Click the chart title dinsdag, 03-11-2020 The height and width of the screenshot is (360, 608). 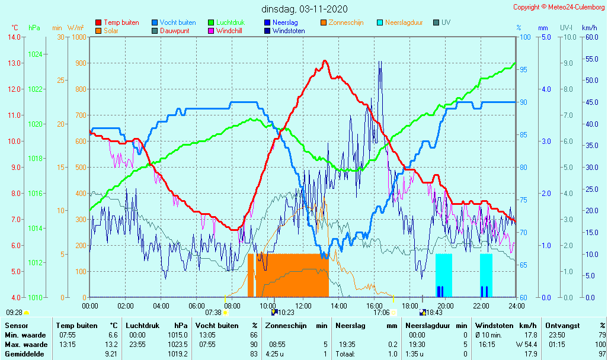click(305, 9)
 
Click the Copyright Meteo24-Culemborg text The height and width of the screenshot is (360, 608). click(559, 7)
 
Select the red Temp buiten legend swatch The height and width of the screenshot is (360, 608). click(98, 22)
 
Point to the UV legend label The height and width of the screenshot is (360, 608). click(446, 22)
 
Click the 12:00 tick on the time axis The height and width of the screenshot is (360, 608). click(303, 306)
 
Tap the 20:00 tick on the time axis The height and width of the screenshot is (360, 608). click(446, 306)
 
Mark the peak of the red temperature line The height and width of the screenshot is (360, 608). click(325, 61)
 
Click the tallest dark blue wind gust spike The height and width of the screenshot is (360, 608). click(380, 62)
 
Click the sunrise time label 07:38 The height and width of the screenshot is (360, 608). click(213, 313)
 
